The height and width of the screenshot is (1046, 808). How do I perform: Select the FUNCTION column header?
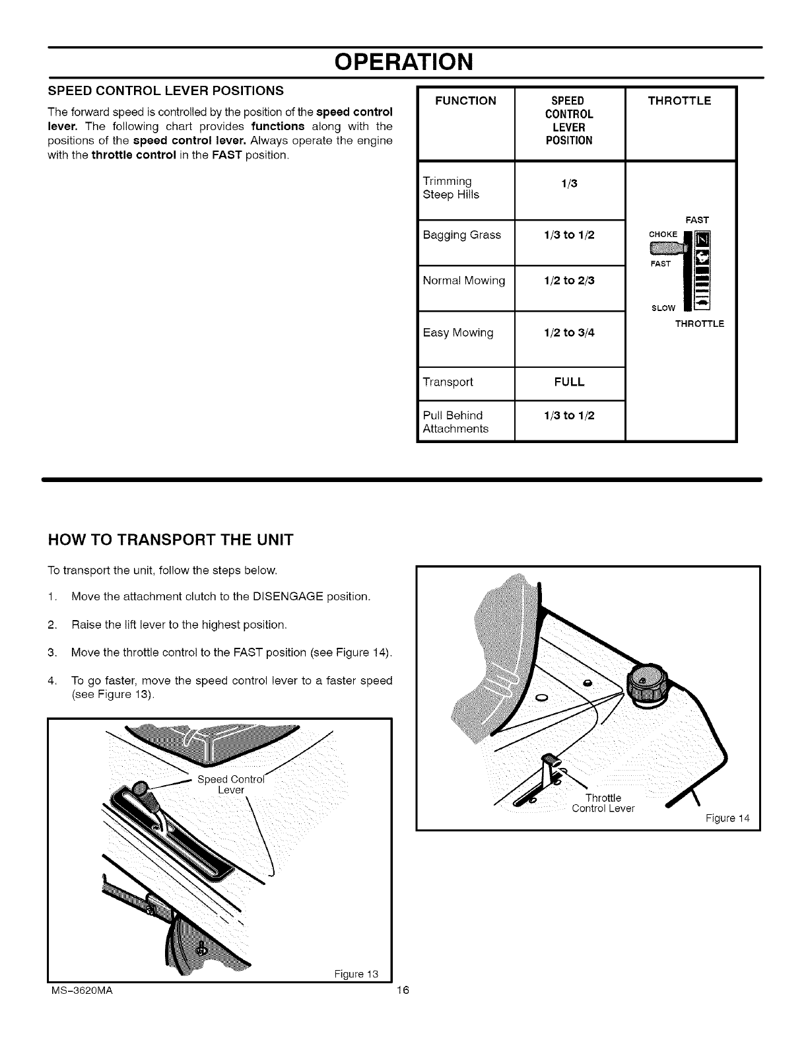pyautogui.click(x=466, y=101)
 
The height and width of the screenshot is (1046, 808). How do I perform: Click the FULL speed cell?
pyautogui.click(x=569, y=382)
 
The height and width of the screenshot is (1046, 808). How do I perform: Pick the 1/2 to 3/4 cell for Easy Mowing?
pyautogui.click(x=569, y=333)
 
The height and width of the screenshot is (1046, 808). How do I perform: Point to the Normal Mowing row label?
pyautogui.click(x=463, y=281)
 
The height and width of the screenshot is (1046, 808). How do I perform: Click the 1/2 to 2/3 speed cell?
pyautogui.click(x=569, y=281)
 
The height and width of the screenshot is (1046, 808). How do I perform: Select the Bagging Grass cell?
pyautogui.click(x=461, y=235)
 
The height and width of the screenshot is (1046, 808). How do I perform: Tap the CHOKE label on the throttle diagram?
pyautogui.click(x=663, y=234)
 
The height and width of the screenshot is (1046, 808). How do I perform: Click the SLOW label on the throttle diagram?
pyautogui.click(x=664, y=308)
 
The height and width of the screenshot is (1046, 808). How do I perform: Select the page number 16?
pyautogui.click(x=404, y=991)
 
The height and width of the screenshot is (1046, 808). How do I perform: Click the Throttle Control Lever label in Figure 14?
pyautogui.click(x=603, y=804)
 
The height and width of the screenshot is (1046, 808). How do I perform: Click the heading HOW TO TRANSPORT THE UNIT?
pyautogui.click(x=170, y=540)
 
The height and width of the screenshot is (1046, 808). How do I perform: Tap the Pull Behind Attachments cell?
pyautogui.click(x=455, y=422)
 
